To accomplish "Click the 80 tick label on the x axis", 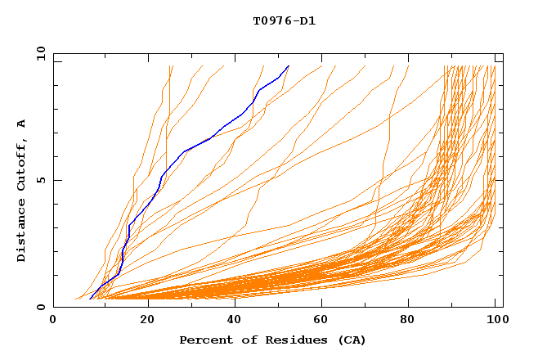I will (410, 320).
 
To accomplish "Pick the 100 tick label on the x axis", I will (495, 320).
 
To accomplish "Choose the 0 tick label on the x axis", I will (54, 320).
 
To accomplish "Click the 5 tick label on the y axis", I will (39, 181).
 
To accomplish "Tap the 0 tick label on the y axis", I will (39, 308).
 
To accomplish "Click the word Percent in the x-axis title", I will (204, 340).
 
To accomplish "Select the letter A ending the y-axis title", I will (22, 123).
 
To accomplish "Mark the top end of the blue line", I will (289, 66).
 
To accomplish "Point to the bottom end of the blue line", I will (89, 299).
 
